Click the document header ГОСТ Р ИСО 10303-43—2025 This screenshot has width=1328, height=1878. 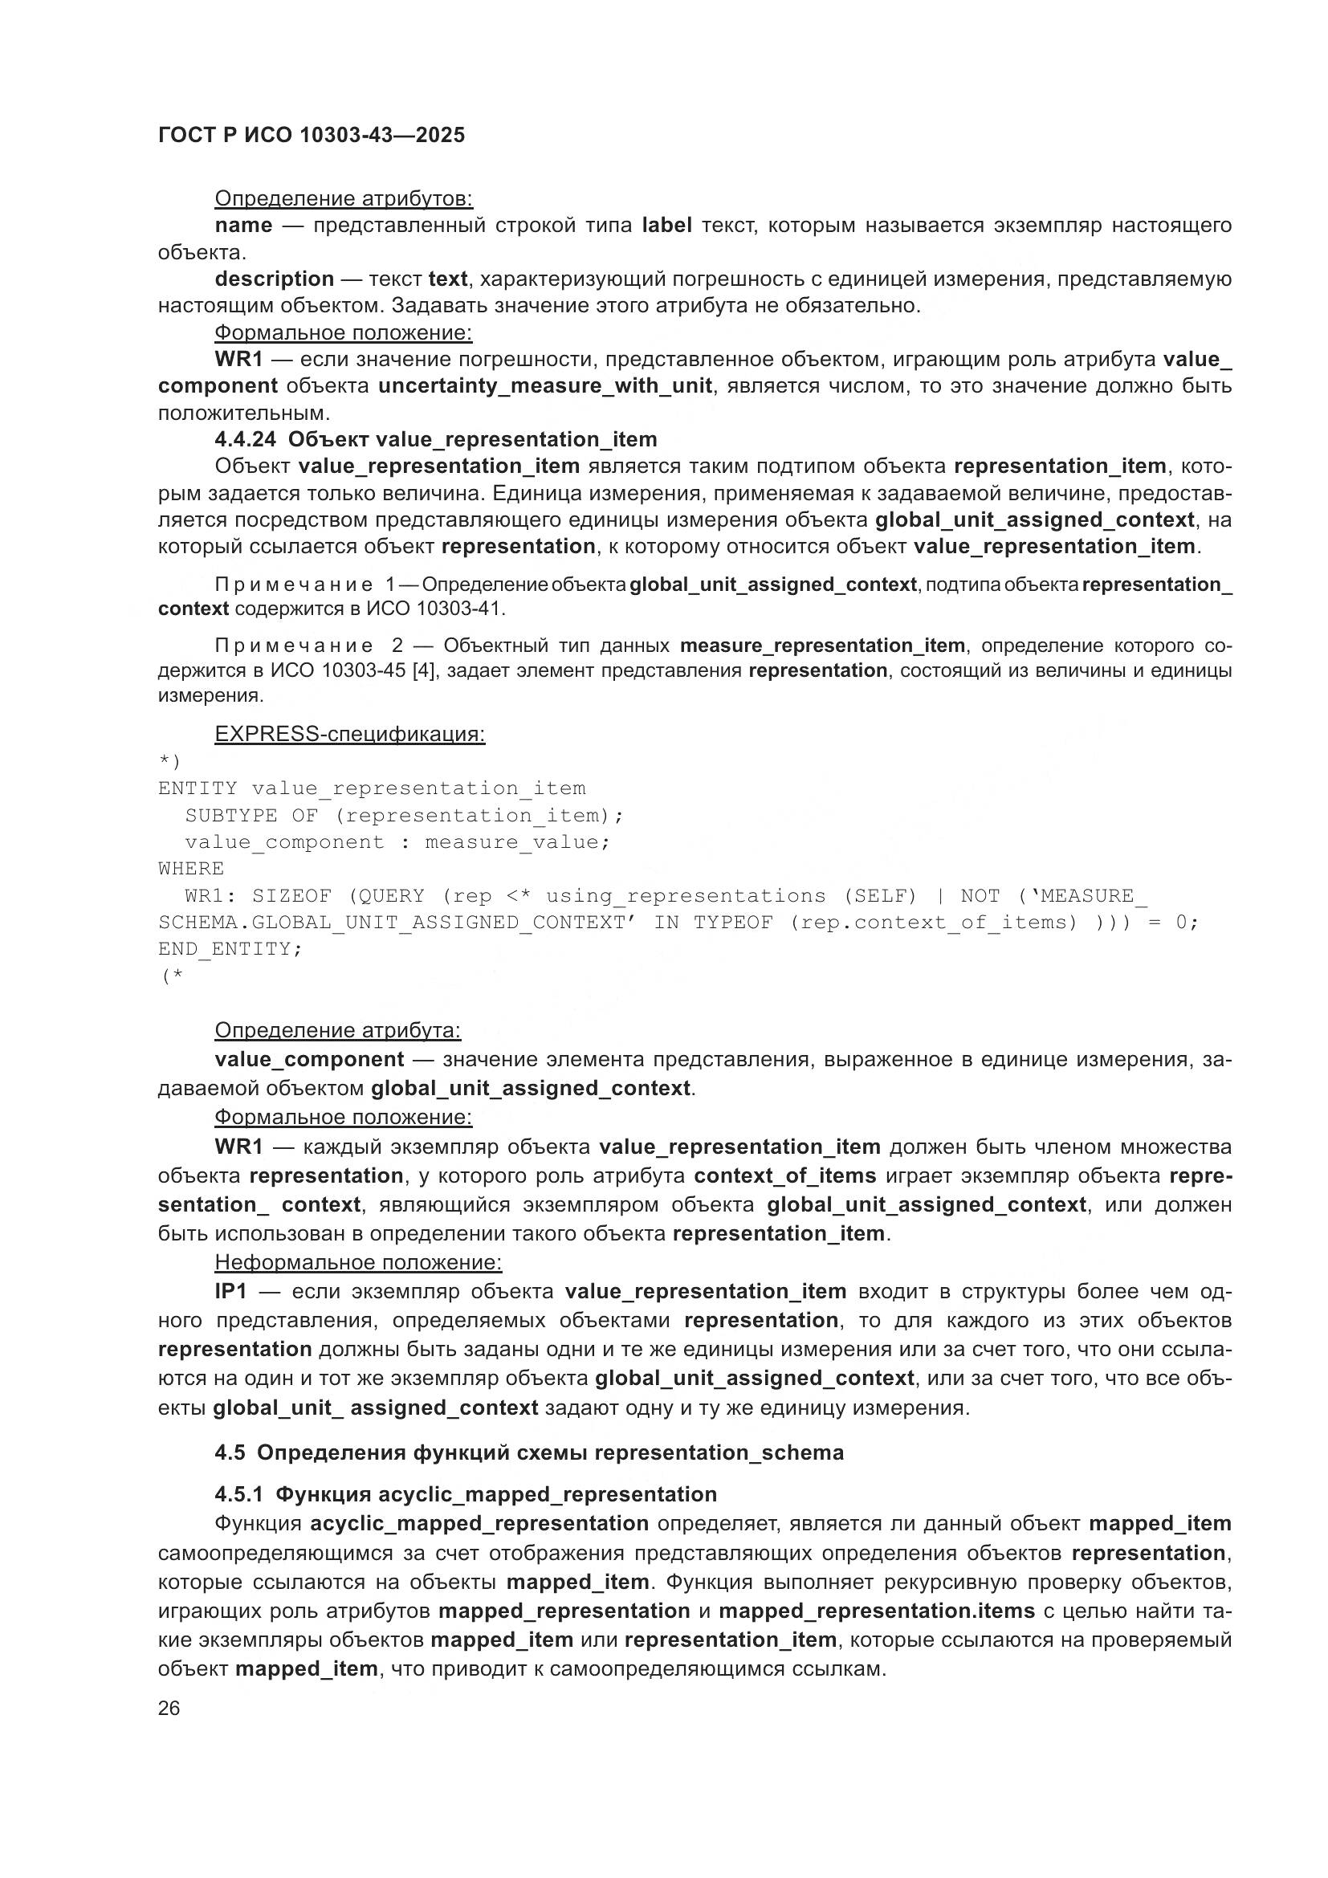click(x=311, y=135)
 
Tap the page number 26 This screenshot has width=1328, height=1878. click(x=169, y=1708)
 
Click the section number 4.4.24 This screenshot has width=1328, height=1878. click(x=245, y=439)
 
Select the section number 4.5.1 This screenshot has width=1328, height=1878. click(x=238, y=1494)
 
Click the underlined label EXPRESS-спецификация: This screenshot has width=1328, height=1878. click(x=349, y=734)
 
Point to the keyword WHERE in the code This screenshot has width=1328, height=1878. click(x=190, y=869)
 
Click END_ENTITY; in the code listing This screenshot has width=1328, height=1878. click(x=230, y=949)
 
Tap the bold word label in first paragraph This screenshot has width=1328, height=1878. click(x=666, y=225)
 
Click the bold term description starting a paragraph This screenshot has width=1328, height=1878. click(x=274, y=279)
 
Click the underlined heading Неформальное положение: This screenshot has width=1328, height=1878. click(x=357, y=1262)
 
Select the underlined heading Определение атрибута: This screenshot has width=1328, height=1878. click(x=337, y=1031)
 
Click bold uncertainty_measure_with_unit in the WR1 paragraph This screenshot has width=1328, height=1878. click(x=544, y=385)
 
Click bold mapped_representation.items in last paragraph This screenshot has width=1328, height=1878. click(x=877, y=1611)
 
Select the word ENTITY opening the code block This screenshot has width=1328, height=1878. click(x=197, y=788)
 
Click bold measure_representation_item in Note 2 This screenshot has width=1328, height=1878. click(x=822, y=646)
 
